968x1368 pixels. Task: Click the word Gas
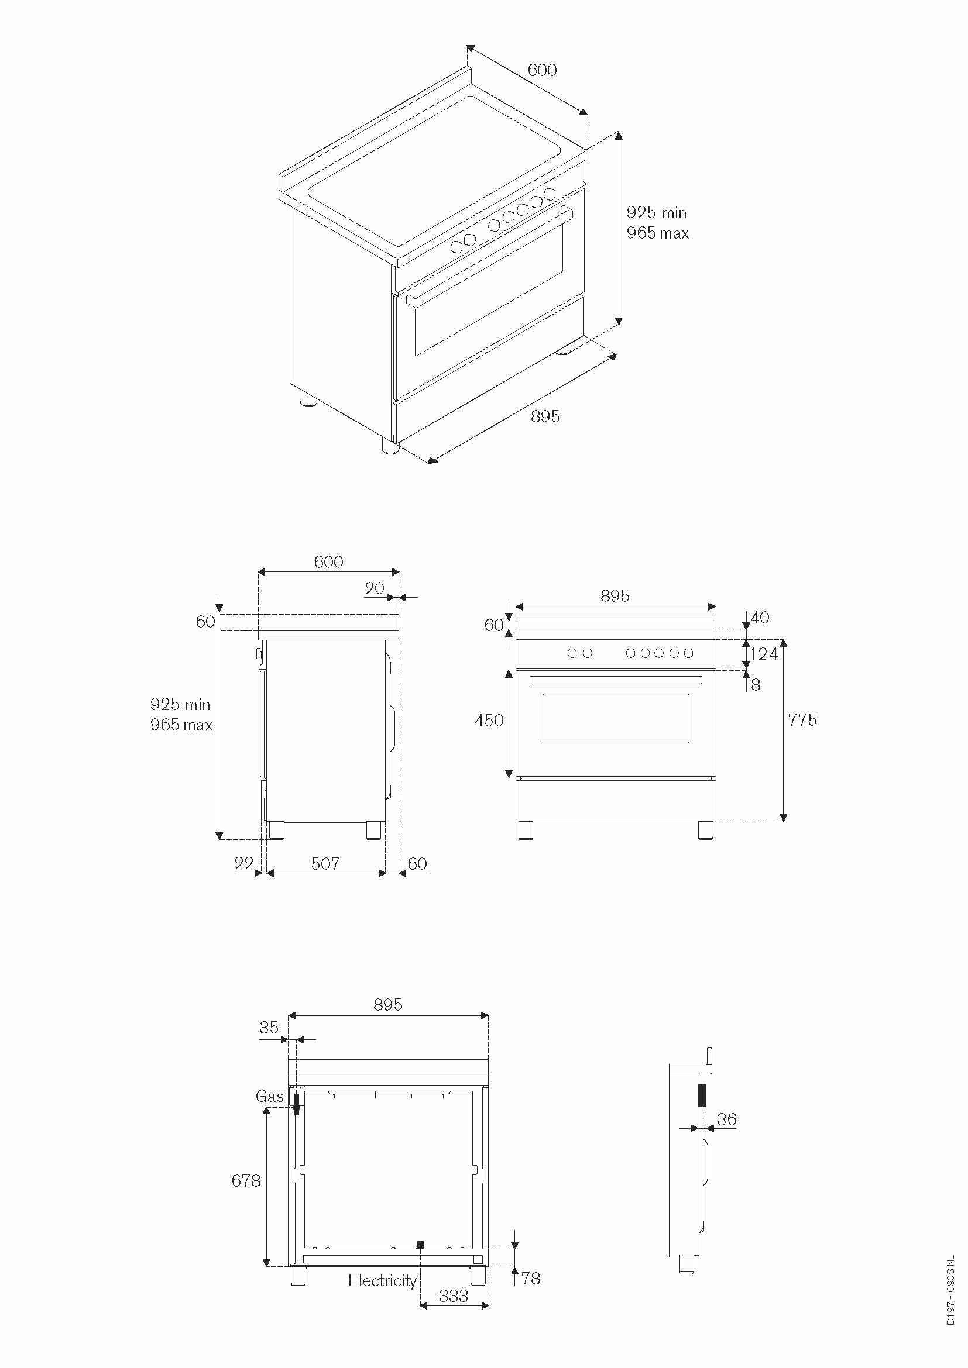[x=269, y=1096]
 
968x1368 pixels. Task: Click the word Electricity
[x=382, y=1280]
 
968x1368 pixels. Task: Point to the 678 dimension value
[x=246, y=1180]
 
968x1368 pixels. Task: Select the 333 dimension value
[x=454, y=1295]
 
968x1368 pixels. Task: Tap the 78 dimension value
[x=530, y=1278]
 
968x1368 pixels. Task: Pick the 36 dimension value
[x=727, y=1119]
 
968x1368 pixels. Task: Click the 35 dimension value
[x=269, y=1027]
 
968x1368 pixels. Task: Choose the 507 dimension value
[x=325, y=863]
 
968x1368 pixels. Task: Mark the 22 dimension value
[x=244, y=863]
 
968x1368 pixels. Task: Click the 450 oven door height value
[x=489, y=721]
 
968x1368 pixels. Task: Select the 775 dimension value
[x=802, y=720]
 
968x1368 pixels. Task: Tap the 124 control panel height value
[x=764, y=654]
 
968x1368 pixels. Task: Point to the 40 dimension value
[x=760, y=617]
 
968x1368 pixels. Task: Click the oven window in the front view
[x=616, y=718]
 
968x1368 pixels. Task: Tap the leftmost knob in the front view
[x=572, y=653]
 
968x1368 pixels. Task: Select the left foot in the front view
[x=526, y=831]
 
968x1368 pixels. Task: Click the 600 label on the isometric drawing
[x=543, y=70]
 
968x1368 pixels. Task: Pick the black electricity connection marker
[x=420, y=1245]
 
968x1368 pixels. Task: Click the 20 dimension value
[x=375, y=589]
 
